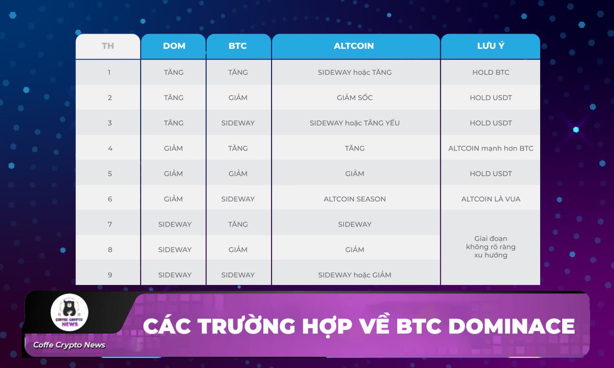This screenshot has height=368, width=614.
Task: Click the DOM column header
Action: click(174, 46)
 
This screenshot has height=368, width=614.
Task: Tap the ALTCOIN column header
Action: click(354, 46)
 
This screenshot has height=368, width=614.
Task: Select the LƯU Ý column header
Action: click(491, 46)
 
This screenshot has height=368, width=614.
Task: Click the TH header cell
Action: click(108, 46)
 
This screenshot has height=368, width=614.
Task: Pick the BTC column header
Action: click(237, 46)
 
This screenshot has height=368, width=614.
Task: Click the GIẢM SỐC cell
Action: click(354, 97)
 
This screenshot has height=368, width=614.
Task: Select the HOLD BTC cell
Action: click(491, 72)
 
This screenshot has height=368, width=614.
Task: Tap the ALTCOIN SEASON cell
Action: click(354, 199)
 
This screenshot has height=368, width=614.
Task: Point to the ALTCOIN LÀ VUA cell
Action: click(491, 199)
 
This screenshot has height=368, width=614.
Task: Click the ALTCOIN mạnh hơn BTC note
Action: click(491, 148)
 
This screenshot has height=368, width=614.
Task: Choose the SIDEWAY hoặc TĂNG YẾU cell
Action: click(354, 122)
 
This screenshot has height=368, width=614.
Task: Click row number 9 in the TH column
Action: click(110, 275)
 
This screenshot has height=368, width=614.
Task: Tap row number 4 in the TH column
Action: click(110, 148)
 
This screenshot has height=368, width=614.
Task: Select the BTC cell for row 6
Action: click(238, 199)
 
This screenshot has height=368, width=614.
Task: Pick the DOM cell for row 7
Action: click(175, 225)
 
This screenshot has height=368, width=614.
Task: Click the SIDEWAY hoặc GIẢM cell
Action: click(354, 274)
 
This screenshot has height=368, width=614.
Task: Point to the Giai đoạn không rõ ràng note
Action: click(491, 247)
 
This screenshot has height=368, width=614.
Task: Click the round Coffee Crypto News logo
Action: click(70, 312)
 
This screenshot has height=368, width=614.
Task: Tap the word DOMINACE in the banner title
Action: click(511, 326)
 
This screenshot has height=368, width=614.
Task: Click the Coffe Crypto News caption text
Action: click(70, 345)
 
